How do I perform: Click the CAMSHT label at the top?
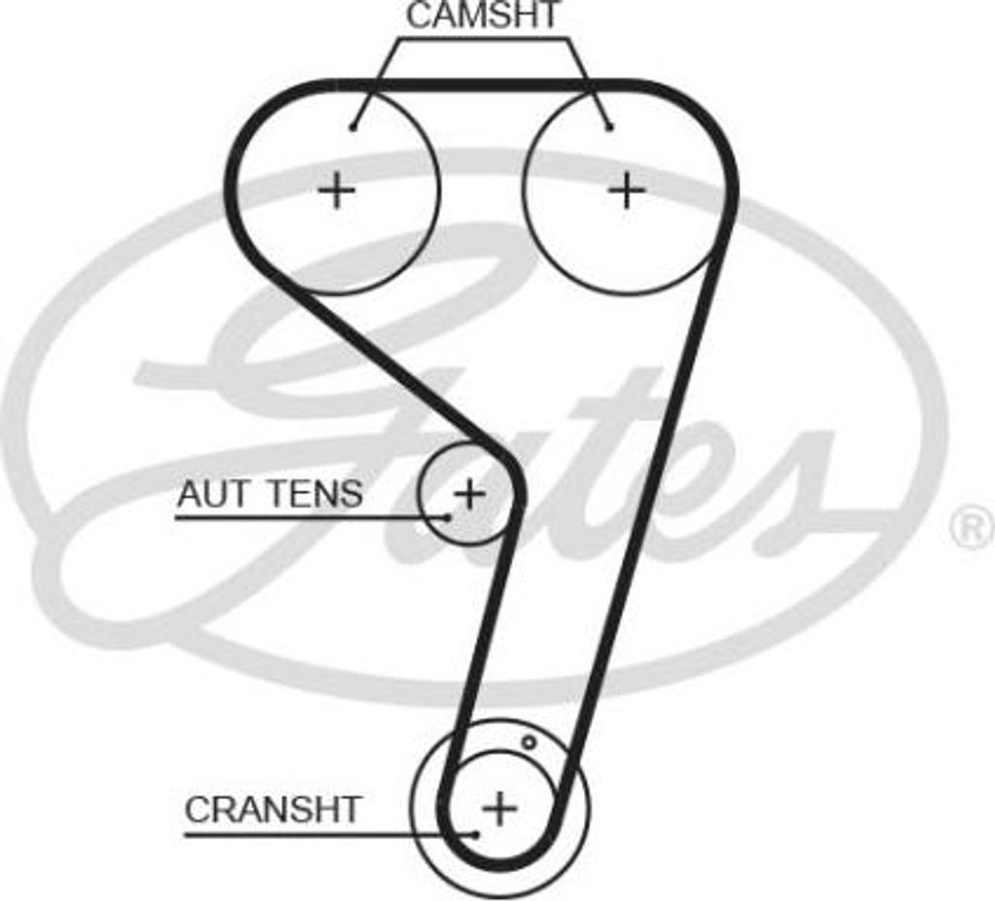[x=483, y=16]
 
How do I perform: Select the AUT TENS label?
[x=269, y=495]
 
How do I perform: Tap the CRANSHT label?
[x=272, y=810]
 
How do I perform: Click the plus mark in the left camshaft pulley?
[x=337, y=190]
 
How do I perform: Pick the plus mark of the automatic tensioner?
[x=469, y=494]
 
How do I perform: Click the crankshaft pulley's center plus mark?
[x=499, y=808]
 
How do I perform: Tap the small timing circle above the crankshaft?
[x=529, y=743]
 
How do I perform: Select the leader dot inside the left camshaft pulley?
[x=354, y=126]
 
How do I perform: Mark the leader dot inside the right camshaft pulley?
[x=609, y=126]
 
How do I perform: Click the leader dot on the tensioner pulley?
[x=447, y=517]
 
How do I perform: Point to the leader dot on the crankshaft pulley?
[x=476, y=833]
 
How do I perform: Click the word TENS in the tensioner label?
[x=314, y=495]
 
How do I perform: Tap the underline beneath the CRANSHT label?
[x=321, y=834]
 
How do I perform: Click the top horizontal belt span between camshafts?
[x=483, y=86]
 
